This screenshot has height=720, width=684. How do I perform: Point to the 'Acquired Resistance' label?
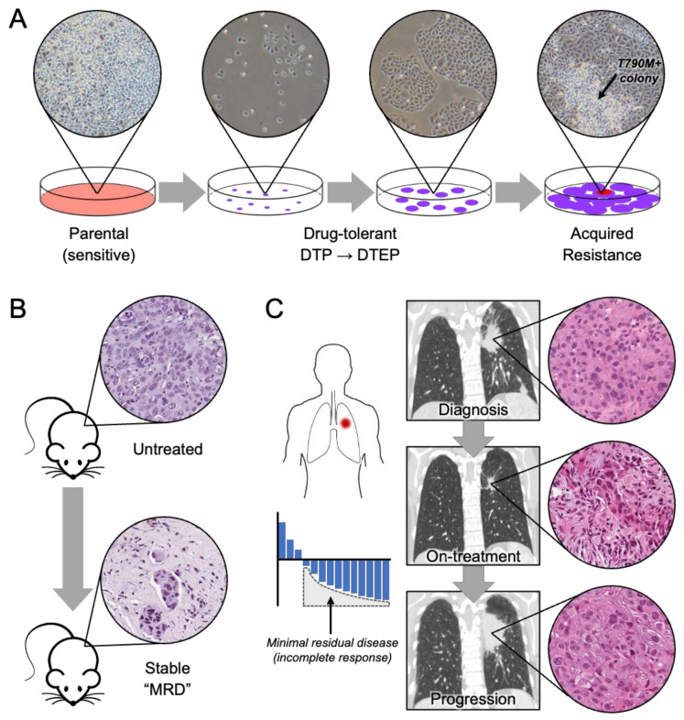(x=604, y=245)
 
